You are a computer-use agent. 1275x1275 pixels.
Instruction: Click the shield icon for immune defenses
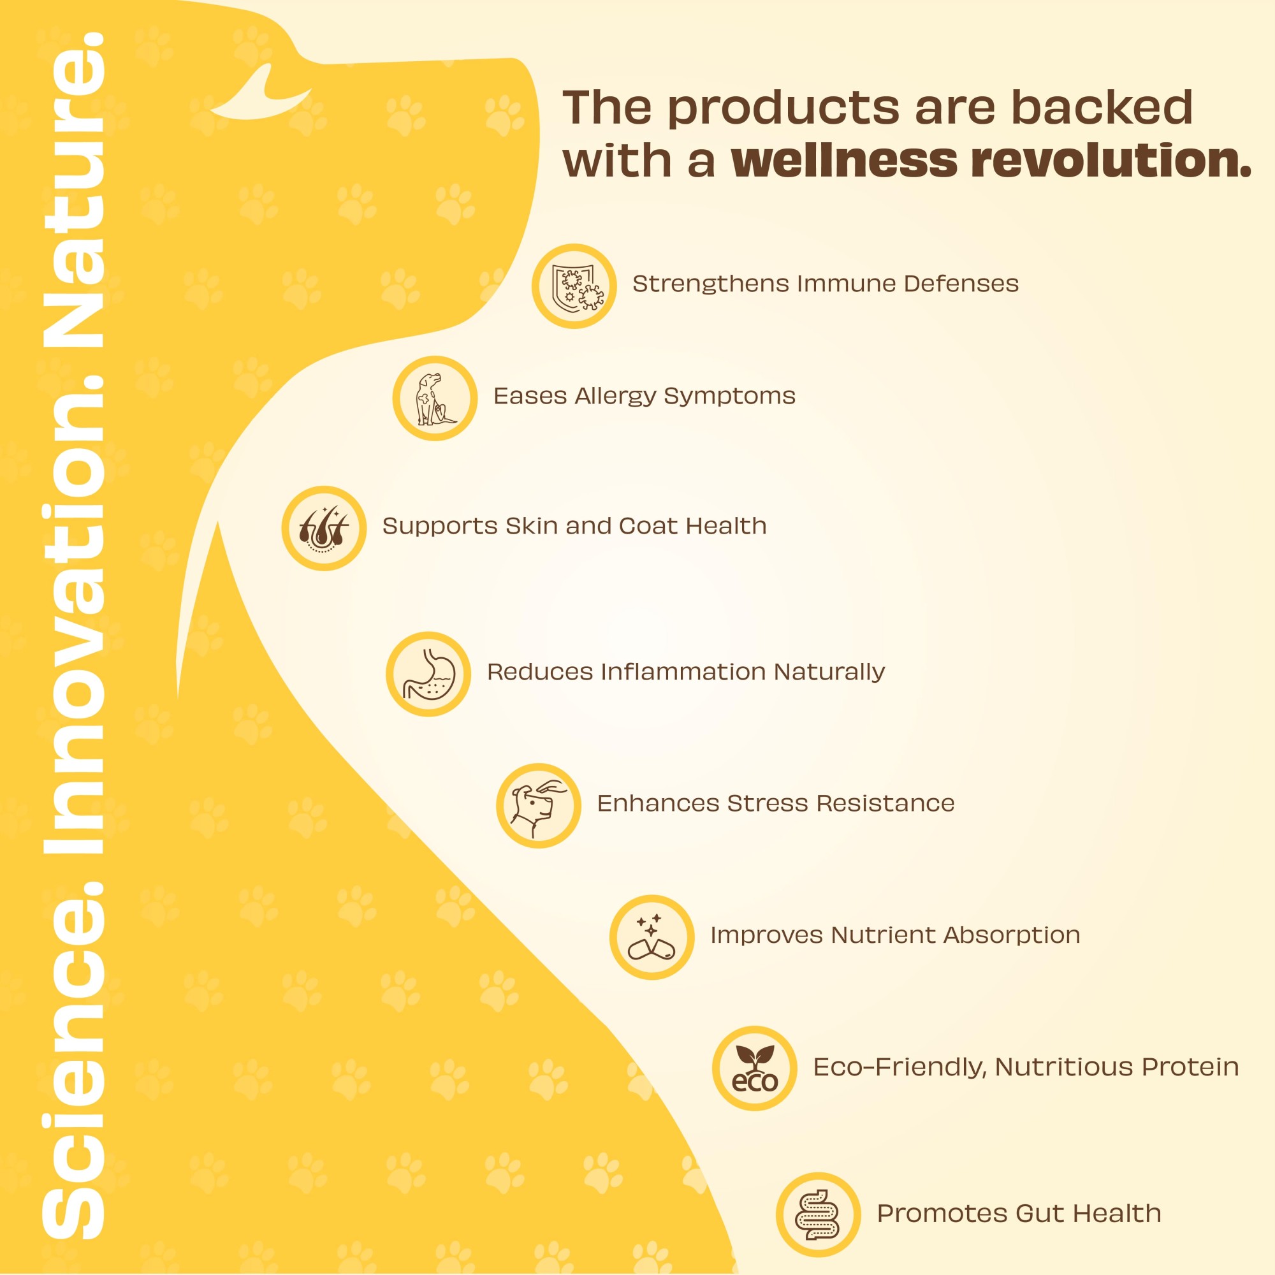(x=574, y=286)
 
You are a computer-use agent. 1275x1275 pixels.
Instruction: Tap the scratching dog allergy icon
(x=435, y=398)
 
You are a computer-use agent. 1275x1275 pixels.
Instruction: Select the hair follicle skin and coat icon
(x=324, y=528)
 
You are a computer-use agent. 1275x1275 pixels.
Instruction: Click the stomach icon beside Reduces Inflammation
(x=428, y=674)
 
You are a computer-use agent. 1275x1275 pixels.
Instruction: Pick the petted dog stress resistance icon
(x=539, y=805)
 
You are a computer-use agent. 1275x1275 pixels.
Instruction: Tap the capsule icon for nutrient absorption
(x=652, y=937)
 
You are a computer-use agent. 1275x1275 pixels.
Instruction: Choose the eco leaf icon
(x=754, y=1068)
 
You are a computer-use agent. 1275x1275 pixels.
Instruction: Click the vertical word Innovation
(x=74, y=616)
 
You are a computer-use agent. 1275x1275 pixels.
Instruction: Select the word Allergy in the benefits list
(x=616, y=397)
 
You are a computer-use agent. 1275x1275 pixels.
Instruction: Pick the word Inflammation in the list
(x=683, y=672)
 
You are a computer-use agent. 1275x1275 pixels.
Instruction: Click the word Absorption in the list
(x=1012, y=936)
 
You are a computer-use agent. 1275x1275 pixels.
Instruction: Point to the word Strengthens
(x=711, y=284)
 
